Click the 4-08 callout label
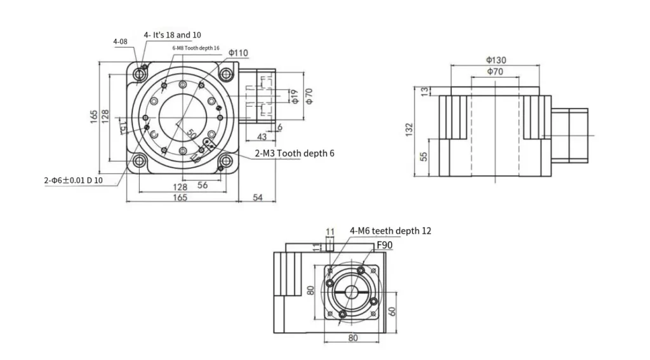[x=120, y=42]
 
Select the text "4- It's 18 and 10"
[x=172, y=35]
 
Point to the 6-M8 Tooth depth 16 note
[x=196, y=48]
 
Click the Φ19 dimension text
[x=294, y=97]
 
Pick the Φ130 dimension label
[x=496, y=60]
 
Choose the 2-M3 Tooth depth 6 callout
[x=294, y=153]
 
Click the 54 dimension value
[x=258, y=197]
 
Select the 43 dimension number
[x=262, y=137]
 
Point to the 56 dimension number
[x=203, y=185]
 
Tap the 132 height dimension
[x=409, y=130]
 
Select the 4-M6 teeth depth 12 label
[x=390, y=231]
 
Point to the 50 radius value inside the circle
[x=191, y=133]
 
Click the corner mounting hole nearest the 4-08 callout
[x=140, y=74]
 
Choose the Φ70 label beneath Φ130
[x=495, y=72]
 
